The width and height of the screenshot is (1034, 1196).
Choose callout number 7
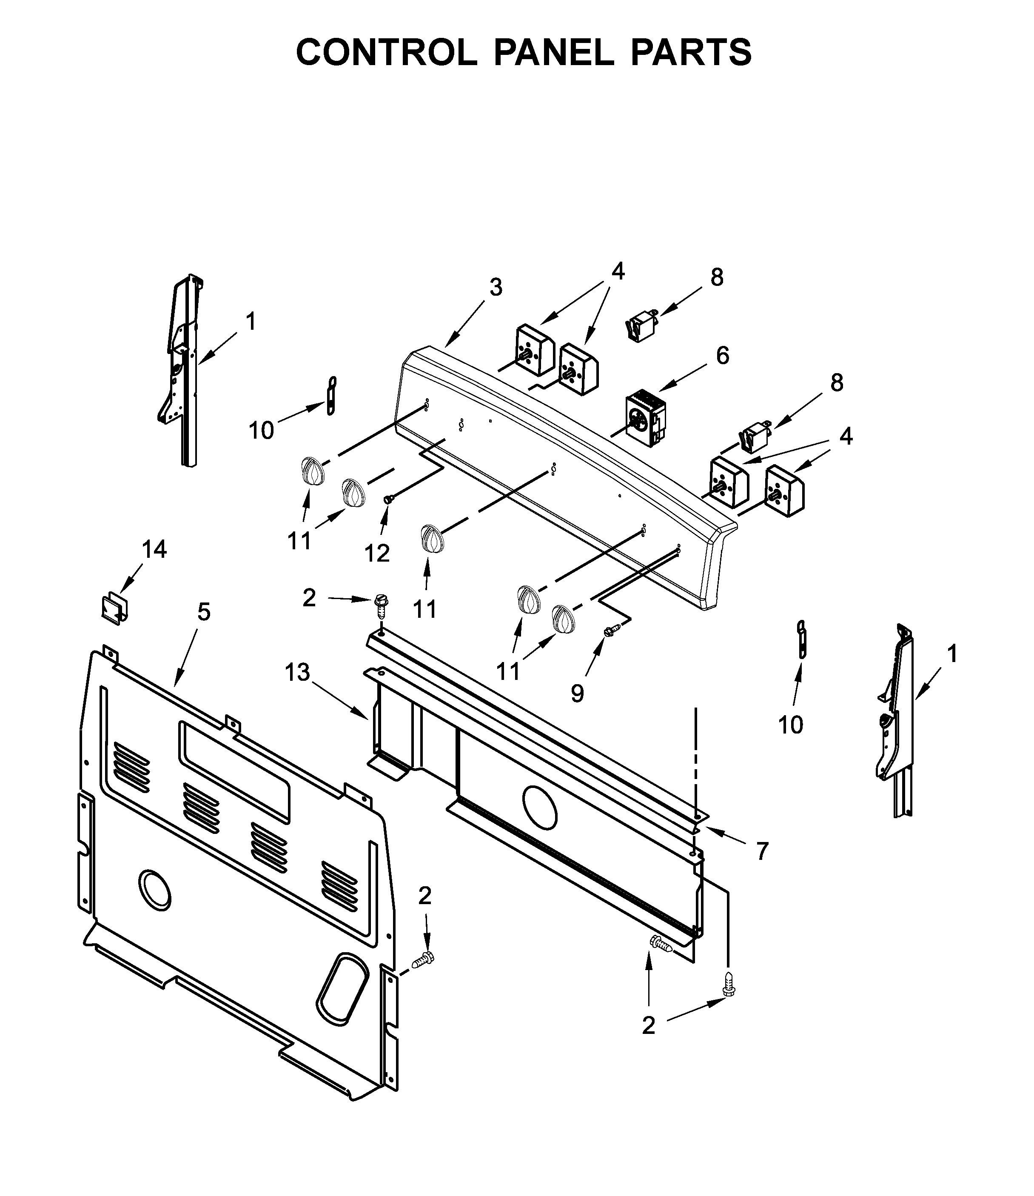[x=762, y=851]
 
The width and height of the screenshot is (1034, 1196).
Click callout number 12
[x=377, y=554]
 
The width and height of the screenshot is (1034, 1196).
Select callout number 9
[x=577, y=693]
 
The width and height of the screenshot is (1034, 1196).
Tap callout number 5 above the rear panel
[x=204, y=612]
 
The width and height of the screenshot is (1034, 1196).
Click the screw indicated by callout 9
[x=609, y=631]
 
